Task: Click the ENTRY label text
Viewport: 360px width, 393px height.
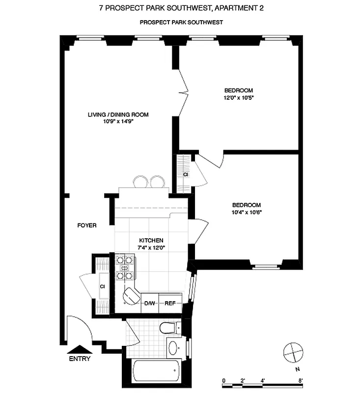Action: [80, 359]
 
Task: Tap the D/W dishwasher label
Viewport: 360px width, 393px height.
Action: [149, 304]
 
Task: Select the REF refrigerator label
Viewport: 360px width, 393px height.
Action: [170, 304]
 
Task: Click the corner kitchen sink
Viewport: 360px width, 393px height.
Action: [131, 295]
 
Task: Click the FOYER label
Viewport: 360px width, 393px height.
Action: [87, 225]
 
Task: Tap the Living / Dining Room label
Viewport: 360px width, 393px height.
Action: [118, 115]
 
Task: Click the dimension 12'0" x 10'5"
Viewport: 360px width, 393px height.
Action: [239, 97]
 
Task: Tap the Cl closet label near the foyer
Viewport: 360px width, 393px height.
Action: [103, 286]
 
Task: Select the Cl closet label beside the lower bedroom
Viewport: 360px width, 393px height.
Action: [186, 174]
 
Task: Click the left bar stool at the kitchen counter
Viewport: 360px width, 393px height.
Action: [139, 182]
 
